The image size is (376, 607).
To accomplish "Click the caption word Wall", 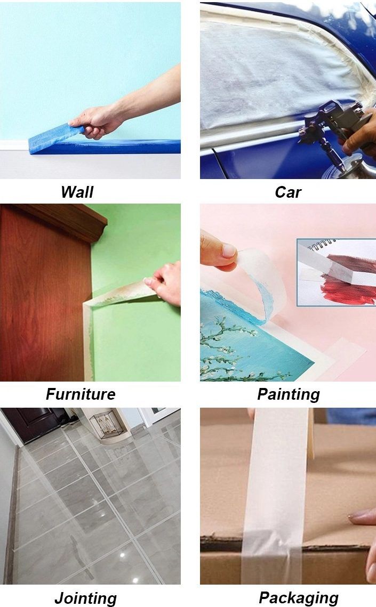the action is (x=77, y=192).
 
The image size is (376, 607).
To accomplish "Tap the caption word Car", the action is (x=287, y=192).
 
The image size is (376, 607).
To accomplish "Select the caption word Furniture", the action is (x=81, y=394).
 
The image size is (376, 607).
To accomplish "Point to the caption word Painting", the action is (x=289, y=394).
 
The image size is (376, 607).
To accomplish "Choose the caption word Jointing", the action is (x=85, y=598).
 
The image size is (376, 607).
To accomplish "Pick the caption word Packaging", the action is (x=299, y=598).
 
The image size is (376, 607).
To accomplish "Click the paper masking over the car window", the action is (x=271, y=74).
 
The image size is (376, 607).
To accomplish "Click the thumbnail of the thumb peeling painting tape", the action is (x=229, y=251).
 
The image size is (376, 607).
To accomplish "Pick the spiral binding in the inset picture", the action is (x=321, y=245).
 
